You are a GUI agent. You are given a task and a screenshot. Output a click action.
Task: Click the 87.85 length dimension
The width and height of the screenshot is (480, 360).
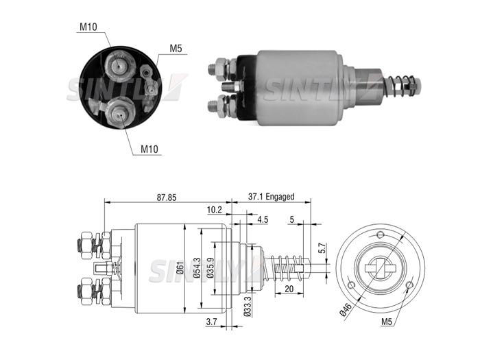[167, 197]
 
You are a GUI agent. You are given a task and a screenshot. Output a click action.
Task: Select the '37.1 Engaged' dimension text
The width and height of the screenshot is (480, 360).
[272, 197]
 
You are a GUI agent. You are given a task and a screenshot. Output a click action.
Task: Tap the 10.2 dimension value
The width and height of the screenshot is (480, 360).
[214, 210]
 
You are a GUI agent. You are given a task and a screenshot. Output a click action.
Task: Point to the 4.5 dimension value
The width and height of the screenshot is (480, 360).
[263, 219]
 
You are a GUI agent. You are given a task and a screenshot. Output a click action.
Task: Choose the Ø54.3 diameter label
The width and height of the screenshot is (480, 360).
[197, 269]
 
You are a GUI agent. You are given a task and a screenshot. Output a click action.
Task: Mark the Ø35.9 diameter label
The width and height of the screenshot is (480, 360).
[210, 269]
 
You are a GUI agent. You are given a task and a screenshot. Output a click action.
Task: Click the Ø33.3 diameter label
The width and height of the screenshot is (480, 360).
[248, 306]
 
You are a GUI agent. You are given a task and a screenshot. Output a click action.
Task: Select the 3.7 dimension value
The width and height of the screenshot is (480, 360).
[211, 322]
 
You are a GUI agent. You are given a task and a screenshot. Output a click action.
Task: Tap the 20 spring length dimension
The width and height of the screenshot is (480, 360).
[289, 289]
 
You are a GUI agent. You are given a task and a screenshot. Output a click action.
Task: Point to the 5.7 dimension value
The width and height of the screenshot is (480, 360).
[321, 248]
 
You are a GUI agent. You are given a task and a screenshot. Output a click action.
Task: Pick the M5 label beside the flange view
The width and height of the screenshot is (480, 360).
[387, 322]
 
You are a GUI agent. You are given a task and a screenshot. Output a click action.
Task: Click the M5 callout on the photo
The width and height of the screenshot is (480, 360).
[176, 49]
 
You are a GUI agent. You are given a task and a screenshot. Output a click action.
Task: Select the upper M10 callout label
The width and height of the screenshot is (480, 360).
[88, 27]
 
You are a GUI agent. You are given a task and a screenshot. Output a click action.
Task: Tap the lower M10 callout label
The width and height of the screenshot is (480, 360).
[149, 149]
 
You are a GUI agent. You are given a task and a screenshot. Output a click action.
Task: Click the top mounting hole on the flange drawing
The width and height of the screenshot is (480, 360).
[380, 235]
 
